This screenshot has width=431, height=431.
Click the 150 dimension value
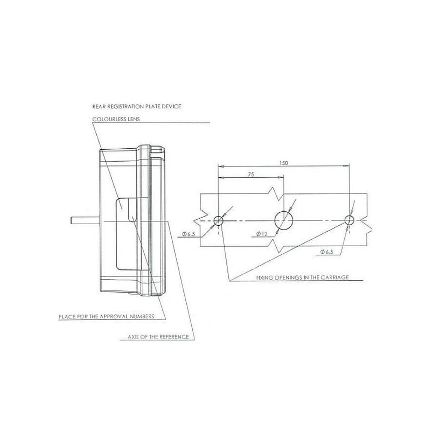pyautogui.click(x=283, y=163)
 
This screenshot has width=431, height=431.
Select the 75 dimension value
pyautogui.click(x=251, y=174)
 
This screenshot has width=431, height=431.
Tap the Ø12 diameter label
pyautogui.click(x=262, y=234)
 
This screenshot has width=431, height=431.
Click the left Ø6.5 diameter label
pyautogui.click(x=188, y=234)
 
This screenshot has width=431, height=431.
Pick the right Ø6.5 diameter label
pyautogui.click(x=326, y=252)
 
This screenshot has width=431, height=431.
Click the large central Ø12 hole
pyautogui.click(x=284, y=220)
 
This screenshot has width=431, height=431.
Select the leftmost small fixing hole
pyautogui.click(x=219, y=220)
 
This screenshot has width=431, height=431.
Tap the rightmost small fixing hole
pyautogui.click(x=350, y=220)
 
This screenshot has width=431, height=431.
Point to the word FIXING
pyautogui.click(x=265, y=277)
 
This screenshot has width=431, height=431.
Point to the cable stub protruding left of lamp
pyautogui.click(x=85, y=221)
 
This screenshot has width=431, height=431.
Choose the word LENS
pyautogui.click(x=133, y=119)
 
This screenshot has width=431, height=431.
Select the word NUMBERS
pyautogui.click(x=142, y=316)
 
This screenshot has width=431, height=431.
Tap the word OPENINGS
pyautogui.click(x=288, y=277)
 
